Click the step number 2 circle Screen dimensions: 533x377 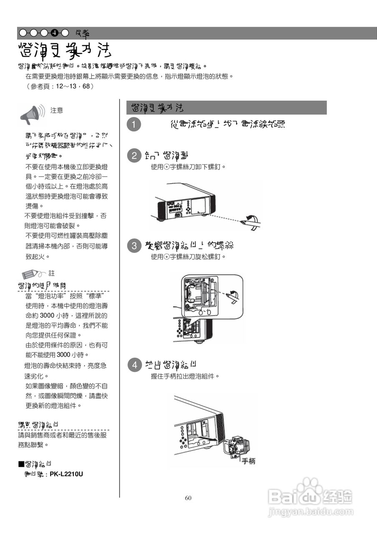tap(134, 156)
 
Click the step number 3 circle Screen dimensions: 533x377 tap(134, 246)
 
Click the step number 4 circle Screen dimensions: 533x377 tap(134, 366)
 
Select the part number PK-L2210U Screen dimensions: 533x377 tap(66, 473)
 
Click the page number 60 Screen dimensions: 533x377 tap(188, 498)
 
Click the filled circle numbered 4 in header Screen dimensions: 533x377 tap(55, 33)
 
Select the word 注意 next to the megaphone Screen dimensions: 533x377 tap(57, 110)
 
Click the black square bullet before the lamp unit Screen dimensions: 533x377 tap(20, 464)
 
